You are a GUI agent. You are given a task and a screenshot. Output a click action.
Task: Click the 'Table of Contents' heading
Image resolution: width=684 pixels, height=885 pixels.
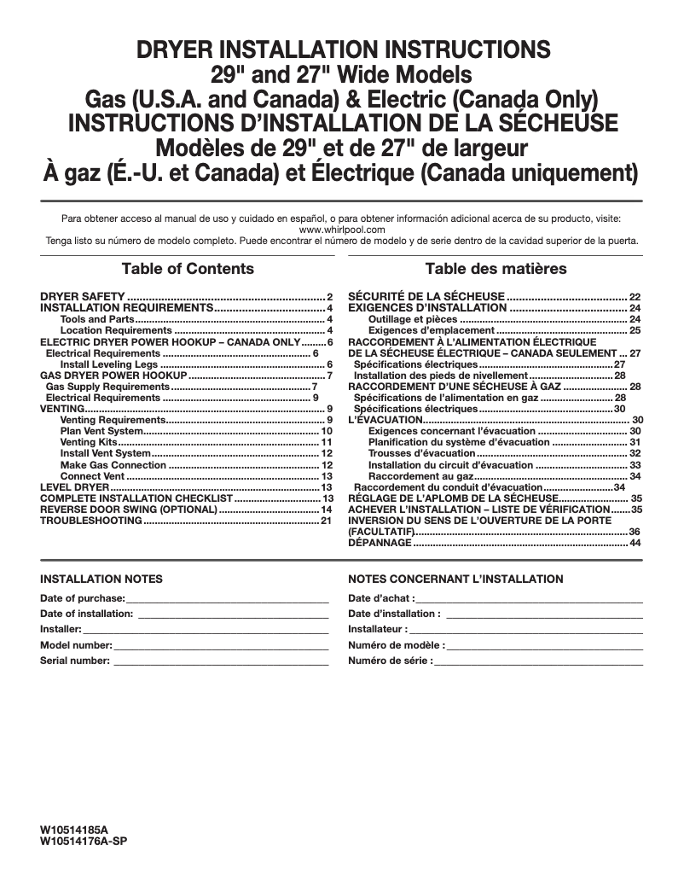click(188, 269)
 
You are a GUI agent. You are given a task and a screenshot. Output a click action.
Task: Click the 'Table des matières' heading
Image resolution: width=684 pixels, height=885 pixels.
click(496, 269)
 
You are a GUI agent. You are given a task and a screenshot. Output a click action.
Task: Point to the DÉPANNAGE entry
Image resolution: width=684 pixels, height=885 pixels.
click(379, 543)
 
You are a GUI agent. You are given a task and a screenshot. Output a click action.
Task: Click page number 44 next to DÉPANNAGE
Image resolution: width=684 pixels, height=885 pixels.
click(635, 543)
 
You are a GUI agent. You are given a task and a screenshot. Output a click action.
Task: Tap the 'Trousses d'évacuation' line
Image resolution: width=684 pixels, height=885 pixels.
click(421, 453)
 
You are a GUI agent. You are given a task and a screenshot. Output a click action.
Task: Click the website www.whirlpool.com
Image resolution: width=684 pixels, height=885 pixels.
click(342, 230)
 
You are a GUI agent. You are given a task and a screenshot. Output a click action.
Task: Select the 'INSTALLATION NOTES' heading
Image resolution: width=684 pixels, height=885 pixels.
click(101, 579)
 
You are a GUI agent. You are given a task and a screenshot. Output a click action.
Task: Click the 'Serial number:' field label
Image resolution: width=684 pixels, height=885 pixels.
click(75, 661)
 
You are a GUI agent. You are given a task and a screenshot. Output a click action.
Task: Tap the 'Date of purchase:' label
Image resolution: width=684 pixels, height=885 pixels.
click(83, 598)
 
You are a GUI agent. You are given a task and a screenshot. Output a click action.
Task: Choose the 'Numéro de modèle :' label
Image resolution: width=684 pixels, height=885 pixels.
click(396, 645)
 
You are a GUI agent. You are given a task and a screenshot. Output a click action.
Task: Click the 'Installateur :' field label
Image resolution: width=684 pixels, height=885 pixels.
click(378, 629)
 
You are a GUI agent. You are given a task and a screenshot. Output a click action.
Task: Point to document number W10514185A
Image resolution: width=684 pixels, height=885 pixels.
click(75, 830)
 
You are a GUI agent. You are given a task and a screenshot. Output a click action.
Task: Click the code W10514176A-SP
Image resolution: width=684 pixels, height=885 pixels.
click(84, 841)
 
